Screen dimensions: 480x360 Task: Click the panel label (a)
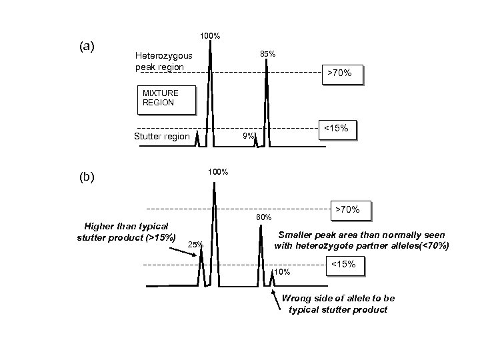[87, 47]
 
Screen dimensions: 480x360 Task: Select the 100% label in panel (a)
[211, 35]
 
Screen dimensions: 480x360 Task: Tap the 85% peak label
[268, 54]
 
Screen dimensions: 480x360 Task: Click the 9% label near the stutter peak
[249, 136]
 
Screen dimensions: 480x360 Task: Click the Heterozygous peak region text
[163, 62]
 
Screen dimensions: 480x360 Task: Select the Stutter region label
[161, 137]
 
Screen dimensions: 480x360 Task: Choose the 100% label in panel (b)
[217, 172]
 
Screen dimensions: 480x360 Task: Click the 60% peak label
[264, 217]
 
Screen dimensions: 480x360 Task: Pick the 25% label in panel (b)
[195, 245]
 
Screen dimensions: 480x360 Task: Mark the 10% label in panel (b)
[283, 271]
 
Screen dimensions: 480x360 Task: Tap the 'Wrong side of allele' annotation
[339, 304]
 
